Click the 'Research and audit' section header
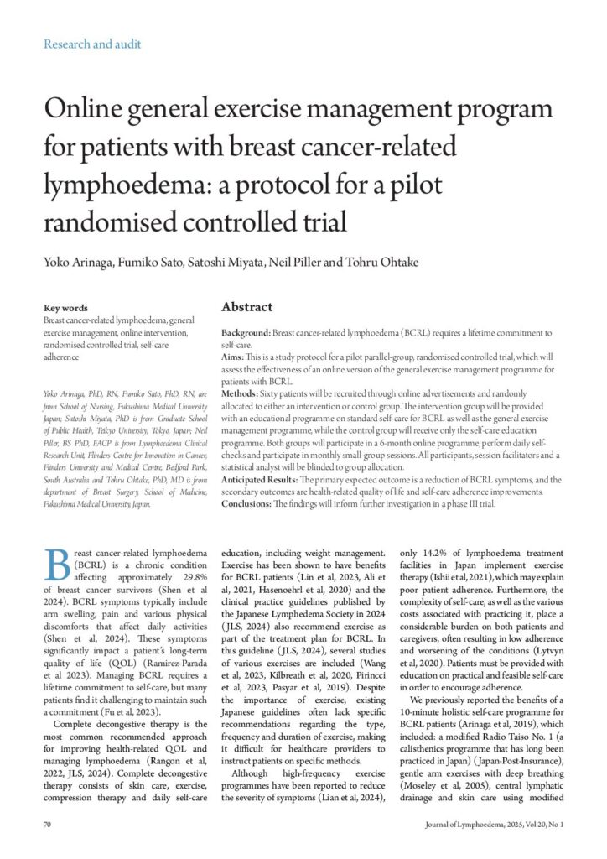[92, 44]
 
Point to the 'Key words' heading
[65, 308]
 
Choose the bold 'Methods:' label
[243, 393]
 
